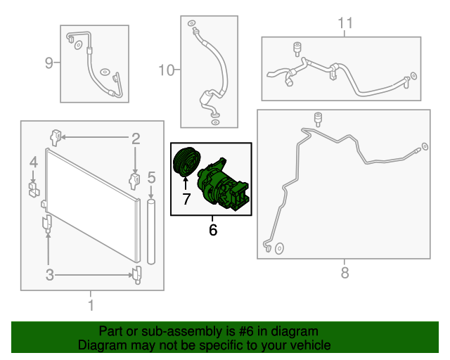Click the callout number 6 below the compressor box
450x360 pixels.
point(212,230)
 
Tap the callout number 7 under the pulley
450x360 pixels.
point(186,199)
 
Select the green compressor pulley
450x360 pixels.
point(187,162)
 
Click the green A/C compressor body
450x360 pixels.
point(223,184)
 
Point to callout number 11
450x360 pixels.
point(345,22)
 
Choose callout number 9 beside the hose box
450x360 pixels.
point(49,63)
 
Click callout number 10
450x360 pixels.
point(167,70)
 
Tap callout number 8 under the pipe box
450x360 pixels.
point(345,272)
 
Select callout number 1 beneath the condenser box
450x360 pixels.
point(91,305)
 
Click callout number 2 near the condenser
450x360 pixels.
point(136,139)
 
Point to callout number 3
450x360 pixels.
point(50,275)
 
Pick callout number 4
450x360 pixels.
point(34,162)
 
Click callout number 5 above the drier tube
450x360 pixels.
point(151,177)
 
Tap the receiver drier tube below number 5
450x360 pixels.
point(151,231)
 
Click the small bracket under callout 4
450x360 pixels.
point(34,189)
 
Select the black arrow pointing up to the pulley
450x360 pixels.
point(186,184)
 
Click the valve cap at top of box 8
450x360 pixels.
point(318,119)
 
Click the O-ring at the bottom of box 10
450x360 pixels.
point(215,122)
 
